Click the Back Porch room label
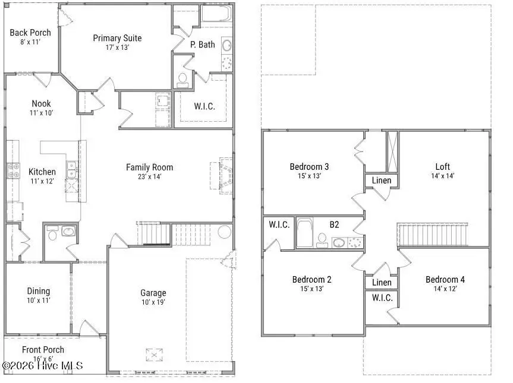[x=30, y=32]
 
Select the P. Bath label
[x=202, y=45]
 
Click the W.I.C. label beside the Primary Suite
[x=204, y=107]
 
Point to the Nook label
[x=41, y=103]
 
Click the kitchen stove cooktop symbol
[x=14, y=171]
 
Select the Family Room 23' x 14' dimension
[x=149, y=176]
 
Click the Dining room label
[x=38, y=291]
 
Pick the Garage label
[x=153, y=293]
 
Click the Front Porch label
[x=43, y=350]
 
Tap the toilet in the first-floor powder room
[x=52, y=235]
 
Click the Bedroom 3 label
[x=309, y=166]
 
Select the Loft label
[x=442, y=166]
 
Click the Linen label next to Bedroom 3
[x=381, y=181]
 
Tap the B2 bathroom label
[x=335, y=224]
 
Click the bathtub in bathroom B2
[x=304, y=233]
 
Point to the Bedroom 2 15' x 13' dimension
[x=311, y=289]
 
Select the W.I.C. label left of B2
[x=278, y=224]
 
